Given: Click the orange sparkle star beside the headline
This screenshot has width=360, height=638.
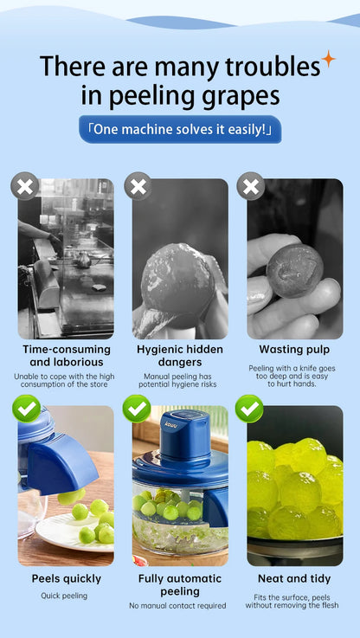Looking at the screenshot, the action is pos(328,60).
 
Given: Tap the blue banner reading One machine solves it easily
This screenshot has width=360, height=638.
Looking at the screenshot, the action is pos(180,129).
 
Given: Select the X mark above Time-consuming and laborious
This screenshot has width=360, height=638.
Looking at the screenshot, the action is pos(25,186).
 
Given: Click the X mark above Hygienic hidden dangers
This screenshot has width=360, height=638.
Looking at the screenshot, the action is pos(138,186).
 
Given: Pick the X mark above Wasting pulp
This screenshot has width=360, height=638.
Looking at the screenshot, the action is pos(251,186).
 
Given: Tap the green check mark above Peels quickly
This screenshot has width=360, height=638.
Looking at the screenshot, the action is pos(27,409).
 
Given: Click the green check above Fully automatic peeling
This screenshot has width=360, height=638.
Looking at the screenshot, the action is pos(137,409).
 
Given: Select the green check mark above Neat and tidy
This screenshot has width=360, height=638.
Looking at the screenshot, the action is pos(249,409).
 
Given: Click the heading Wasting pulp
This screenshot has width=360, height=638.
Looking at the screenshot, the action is pos(294,350).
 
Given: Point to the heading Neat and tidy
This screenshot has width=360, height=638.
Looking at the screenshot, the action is pos(294,578).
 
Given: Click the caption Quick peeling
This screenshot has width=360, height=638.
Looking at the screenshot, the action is pos(64,596).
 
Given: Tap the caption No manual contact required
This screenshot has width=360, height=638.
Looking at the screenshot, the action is pos(177,606).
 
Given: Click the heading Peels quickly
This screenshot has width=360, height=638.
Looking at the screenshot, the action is pos(67,578).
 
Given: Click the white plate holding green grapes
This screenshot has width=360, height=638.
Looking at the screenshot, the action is pos(74,532).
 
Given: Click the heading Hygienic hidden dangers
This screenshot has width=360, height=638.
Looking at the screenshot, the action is pos(180,356).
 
